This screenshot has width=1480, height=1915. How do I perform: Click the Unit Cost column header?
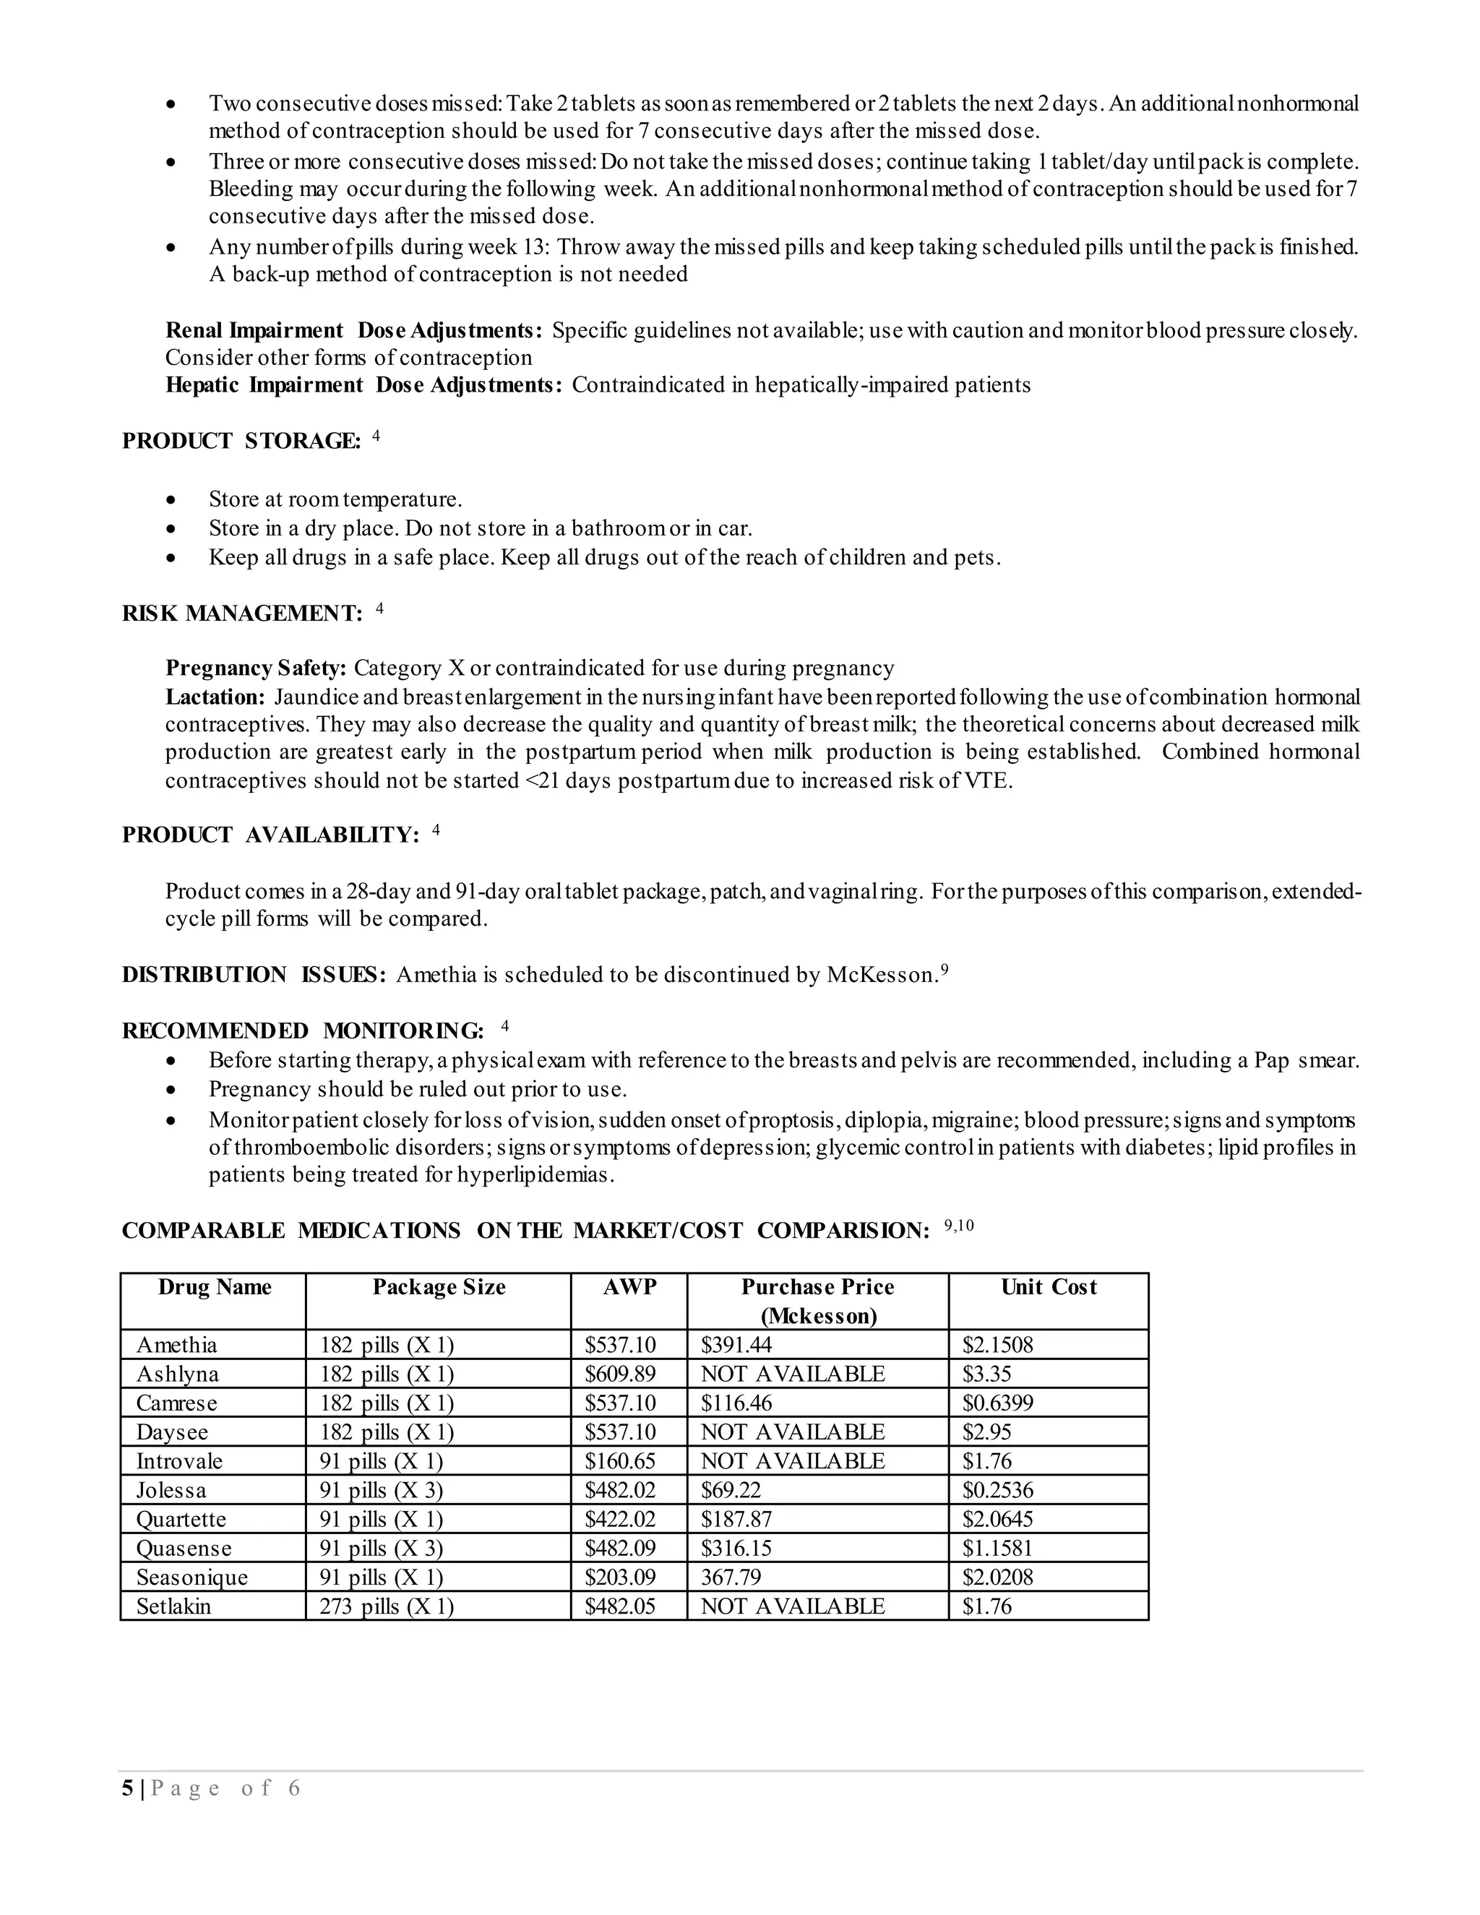[x=1048, y=1287]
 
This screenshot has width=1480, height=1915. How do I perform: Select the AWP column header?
[x=629, y=1287]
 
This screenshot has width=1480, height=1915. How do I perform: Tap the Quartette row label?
[x=181, y=1520]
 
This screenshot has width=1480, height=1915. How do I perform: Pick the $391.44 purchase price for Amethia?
[x=736, y=1345]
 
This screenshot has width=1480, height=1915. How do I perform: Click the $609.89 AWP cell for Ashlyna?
[x=620, y=1374]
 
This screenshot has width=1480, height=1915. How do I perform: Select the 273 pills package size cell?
[x=386, y=1606]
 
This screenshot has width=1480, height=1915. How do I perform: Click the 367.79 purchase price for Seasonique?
[x=731, y=1578]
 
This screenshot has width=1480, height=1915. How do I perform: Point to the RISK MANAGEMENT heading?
[x=241, y=614]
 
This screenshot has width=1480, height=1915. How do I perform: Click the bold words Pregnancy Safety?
[x=256, y=668]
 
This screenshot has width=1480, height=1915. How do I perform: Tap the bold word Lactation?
[x=215, y=697]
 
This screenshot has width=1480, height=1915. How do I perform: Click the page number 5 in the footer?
[x=128, y=1789]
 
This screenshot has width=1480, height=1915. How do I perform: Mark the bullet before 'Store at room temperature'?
[x=172, y=500]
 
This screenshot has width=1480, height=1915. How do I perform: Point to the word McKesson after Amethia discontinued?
[x=880, y=975]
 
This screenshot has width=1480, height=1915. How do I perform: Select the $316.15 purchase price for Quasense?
[x=736, y=1549]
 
